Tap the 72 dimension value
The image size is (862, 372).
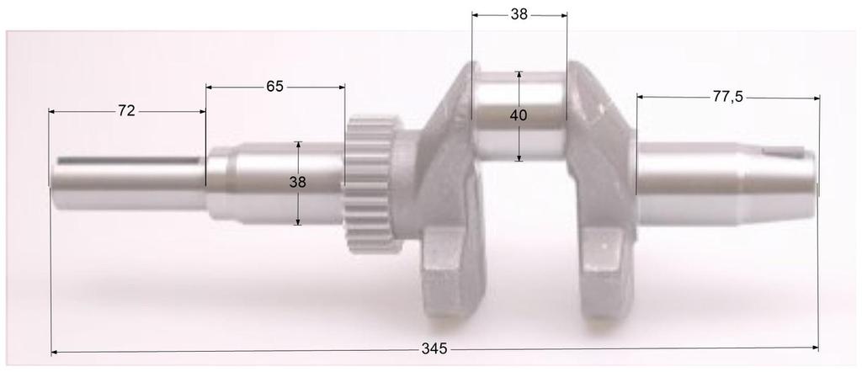pos(126,110)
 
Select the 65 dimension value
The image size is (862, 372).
pos(274,86)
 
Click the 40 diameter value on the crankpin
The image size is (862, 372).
pos(519,116)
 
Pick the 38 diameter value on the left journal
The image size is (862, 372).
pos(298,182)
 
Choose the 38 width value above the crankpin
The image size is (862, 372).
pos(519,14)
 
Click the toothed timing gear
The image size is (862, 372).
pos(368,187)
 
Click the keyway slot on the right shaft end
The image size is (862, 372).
pos(783,152)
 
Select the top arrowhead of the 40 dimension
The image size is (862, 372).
pos(519,75)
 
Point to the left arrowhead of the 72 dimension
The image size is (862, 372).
pos(53,111)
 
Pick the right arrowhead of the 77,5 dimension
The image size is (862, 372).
pos(815,98)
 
